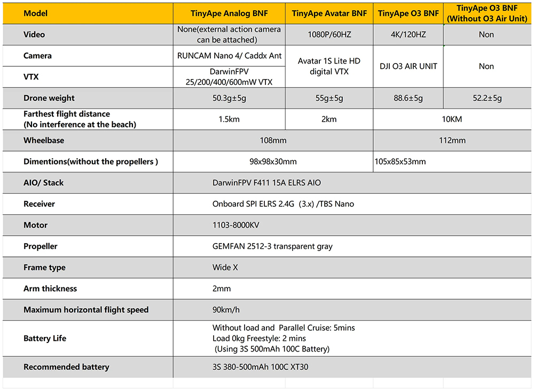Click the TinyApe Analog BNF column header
[229, 13]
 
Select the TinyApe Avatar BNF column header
[329, 13]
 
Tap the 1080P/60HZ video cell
[329, 35]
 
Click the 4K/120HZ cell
[408, 35]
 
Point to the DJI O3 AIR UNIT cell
[408, 66]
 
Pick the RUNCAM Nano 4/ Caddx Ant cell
[229, 56]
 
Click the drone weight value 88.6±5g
[408, 98]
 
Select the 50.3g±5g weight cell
[229, 98]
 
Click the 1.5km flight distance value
[229, 119]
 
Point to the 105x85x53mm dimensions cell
[400, 161]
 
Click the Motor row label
[35, 225]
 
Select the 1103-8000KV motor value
[235, 225]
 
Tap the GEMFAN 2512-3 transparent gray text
[272, 246]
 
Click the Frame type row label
[44, 268]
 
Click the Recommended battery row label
[66, 367]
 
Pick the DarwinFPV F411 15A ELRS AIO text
[266, 183]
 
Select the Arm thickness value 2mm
[222, 288]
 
